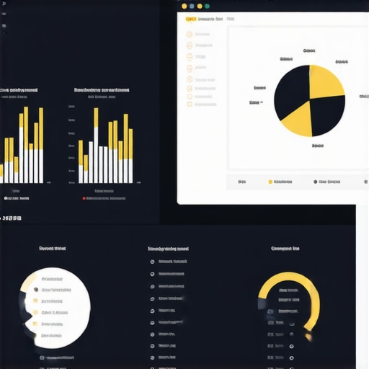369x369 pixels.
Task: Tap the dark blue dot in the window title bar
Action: click(x=191, y=6)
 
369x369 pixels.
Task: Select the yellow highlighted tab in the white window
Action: click(x=190, y=19)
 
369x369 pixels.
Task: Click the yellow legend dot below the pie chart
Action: click(x=270, y=182)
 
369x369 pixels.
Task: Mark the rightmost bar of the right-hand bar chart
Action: click(x=130, y=156)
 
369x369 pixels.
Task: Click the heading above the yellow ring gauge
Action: click(x=285, y=249)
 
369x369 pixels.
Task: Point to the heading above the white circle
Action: click(x=52, y=249)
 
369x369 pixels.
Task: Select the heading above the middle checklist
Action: click(x=168, y=249)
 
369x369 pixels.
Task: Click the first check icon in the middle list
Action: click(x=152, y=262)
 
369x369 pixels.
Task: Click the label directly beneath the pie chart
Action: click(x=317, y=146)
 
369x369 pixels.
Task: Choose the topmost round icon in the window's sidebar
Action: click(x=190, y=34)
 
